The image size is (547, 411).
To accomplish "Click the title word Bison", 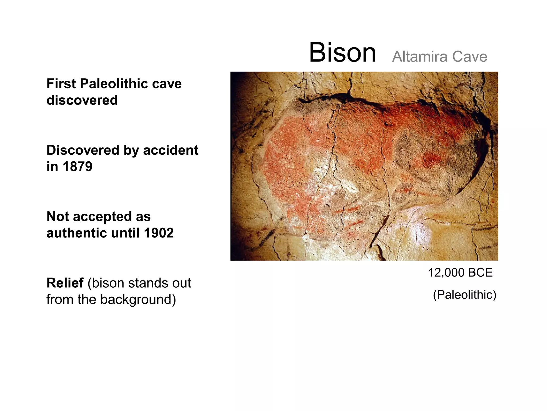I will [x=342, y=53].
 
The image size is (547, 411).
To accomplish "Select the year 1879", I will [x=77, y=166].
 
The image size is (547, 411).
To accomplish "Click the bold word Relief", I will [x=65, y=283].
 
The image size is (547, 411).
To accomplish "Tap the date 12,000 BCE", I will [x=460, y=273].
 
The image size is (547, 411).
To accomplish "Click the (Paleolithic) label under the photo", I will [x=464, y=295].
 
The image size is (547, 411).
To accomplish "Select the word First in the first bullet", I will [x=61, y=83].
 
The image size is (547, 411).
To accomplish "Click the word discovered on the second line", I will [x=82, y=100].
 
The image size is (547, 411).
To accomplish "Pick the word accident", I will [x=171, y=150].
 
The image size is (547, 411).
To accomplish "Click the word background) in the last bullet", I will [x=138, y=299].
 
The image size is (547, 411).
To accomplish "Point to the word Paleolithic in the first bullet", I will [x=114, y=83].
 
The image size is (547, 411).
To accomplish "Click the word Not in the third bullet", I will [x=58, y=216].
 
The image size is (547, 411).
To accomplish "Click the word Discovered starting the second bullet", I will [x=83, y=150].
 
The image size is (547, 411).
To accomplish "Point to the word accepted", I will [x=102, y=216].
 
